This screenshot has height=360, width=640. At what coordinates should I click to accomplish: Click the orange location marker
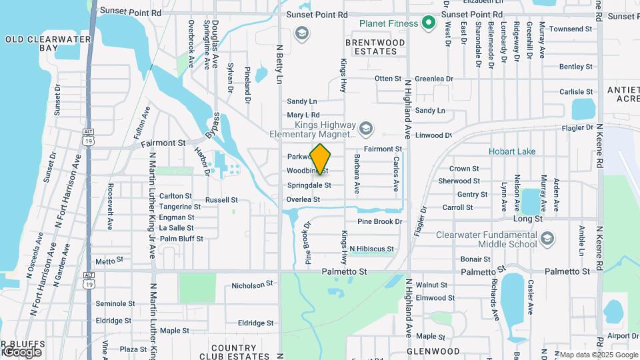(x=321, y=159)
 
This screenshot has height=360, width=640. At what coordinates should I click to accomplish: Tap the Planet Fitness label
(x=389, y=23)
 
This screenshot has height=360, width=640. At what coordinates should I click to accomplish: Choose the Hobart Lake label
(x=512, y=151)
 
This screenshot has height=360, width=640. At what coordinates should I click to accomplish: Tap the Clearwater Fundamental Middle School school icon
(x=547, y=239)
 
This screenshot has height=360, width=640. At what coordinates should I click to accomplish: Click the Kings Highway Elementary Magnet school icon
(x=365, y=127)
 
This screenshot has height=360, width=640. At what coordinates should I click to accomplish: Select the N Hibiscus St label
(x=371, y=249)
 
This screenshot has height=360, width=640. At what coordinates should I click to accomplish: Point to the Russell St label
(x=221, y=200)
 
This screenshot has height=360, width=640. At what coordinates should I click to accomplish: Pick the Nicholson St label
(x=253, y=285)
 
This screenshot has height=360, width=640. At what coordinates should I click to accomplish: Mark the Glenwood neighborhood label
(x=433, y=351)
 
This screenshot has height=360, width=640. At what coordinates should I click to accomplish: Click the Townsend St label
(x=571, y=29)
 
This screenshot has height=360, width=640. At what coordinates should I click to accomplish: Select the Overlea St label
(x=303, y=199)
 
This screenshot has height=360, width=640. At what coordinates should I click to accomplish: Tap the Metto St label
(x=105, y=261)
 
